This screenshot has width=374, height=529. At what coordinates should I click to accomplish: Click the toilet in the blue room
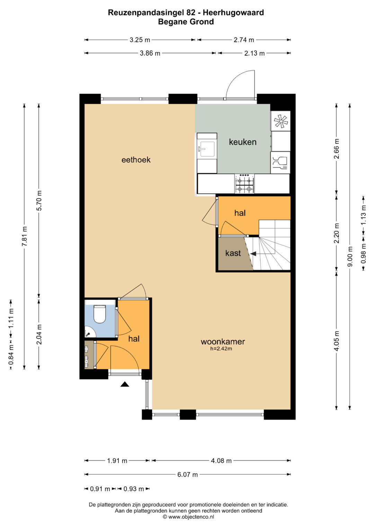(x=100, y=314)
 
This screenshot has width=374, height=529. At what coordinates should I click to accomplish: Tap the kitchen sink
(x=207, y=149)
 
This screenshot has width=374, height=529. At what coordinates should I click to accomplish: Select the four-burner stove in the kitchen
(x=244, y=184)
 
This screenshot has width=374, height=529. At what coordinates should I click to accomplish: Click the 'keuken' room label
(x=242, y=142)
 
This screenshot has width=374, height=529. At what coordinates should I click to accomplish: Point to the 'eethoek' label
(x=136, y=160)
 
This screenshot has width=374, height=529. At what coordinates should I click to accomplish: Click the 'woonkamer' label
(x=223, y=341)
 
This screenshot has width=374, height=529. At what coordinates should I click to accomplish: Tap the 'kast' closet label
(x=233, y=253)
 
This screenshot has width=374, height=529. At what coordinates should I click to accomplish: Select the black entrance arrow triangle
(x=125, y=384)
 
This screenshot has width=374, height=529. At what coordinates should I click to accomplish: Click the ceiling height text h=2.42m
(x=221, y=349)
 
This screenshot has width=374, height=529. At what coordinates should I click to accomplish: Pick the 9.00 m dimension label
(x=350, y=256)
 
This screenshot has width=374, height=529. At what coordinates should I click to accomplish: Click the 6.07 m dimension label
(x=187, y=475)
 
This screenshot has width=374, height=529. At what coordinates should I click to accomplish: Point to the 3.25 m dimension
(x=140, y=40)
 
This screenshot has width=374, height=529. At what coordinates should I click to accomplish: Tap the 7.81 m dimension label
(x=24, y=236)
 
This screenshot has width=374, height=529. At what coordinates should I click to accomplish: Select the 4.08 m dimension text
(x=221, y=461)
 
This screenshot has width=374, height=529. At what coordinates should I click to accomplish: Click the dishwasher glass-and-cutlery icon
(x=280, y=163)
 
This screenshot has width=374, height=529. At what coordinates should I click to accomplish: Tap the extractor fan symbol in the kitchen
(x=281, y=121)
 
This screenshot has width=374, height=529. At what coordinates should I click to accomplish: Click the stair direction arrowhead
(x=253, y=254)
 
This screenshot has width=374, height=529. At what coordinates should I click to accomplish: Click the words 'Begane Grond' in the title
(x=186, y=22)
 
